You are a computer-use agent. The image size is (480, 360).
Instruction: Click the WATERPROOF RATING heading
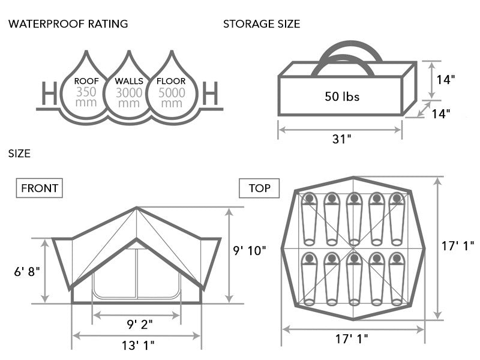[68, 24]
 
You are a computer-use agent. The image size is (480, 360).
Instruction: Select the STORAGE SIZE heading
[262, 24]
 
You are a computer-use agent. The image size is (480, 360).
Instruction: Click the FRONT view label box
[40, 188]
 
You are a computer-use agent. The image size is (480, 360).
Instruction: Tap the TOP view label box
[259, 188]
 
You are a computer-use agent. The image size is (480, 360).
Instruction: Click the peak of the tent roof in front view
[137, 208]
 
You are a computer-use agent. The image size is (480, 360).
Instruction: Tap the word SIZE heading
[19, 154]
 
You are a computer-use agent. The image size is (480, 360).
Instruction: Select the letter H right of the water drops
[211, 94]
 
